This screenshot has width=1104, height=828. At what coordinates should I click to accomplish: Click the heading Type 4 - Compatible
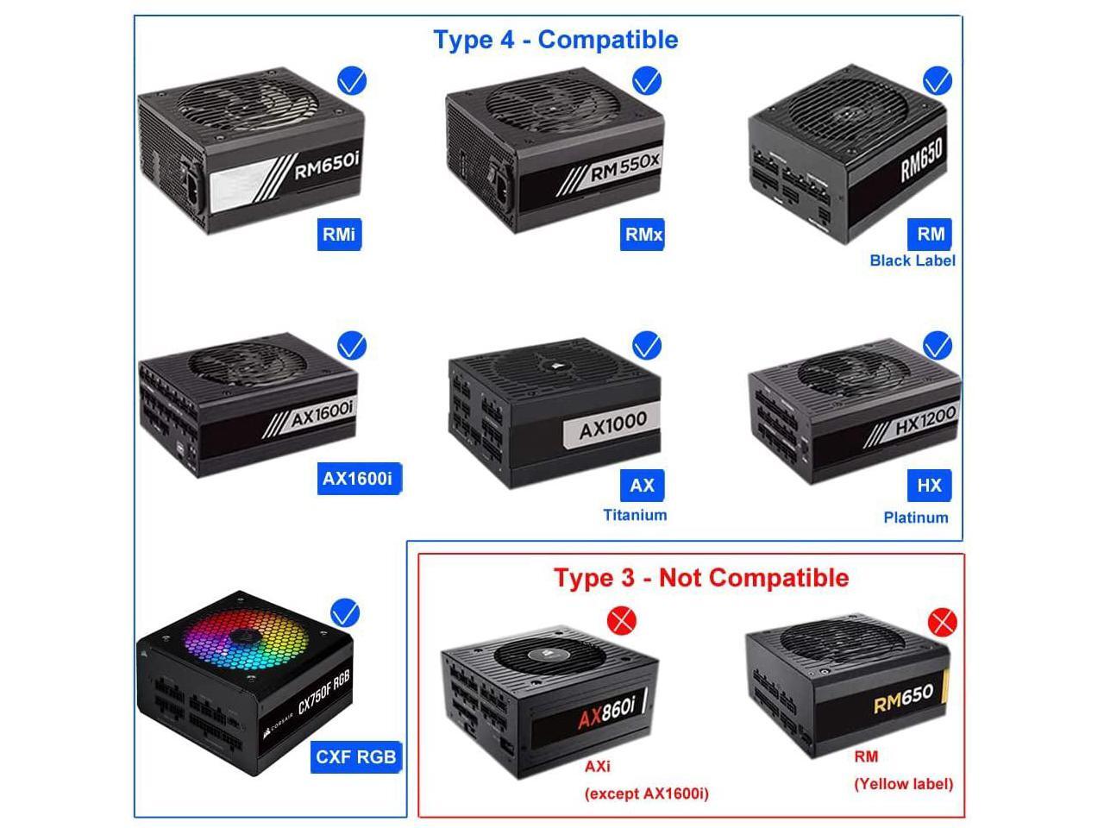[x=555, y=40]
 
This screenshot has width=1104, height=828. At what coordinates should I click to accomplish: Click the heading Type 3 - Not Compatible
[x=700, y=578]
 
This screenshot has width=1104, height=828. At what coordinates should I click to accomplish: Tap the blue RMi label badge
[x=339, y=234]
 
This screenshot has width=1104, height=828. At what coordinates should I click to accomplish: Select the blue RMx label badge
[x=643, y=234]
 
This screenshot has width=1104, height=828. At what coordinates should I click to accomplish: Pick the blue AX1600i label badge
[x=357, y=479]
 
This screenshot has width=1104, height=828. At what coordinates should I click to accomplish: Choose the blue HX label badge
[x=929, y=486]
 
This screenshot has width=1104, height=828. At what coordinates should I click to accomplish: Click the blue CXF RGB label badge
[x=355, y=756]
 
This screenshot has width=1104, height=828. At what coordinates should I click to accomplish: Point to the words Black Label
[x=913, y=260]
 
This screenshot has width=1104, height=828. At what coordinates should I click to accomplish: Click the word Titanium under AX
[x=635, y=515]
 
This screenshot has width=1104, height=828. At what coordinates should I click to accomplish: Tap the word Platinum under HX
[x=915, y=517]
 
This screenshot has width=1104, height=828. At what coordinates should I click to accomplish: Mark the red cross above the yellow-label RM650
[x=941, y=621]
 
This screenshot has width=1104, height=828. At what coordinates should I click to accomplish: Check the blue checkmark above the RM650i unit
[x=352, y=81]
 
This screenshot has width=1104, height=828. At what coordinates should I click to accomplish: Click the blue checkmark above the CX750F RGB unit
[x=345, y=613]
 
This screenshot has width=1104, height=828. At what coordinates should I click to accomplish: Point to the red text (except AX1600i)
[x=646, y=793]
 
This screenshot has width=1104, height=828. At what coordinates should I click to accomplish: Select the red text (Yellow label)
[x=903, y=784]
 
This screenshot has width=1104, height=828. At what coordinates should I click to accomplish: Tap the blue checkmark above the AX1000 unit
[x=646, y=346]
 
